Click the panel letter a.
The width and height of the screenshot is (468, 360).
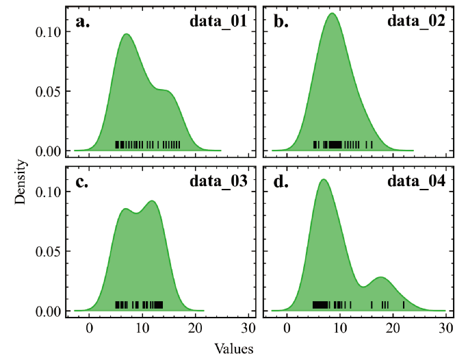(x=82, y=23)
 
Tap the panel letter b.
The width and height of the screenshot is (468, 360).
(x=281, y=22)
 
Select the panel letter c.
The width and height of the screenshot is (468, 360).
(x=82, y=182)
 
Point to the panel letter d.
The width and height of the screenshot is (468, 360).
(x=281, y=181)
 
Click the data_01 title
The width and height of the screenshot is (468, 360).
(x=218, y=21)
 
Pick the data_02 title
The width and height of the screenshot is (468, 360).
(x=417, y=21)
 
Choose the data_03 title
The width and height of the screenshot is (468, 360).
(x=218, y=181)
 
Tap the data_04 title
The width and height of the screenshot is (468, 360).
(x=417, y=181)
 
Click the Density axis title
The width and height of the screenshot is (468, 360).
(x=21, y=182)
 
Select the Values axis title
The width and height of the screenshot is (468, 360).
(x=234, y=348)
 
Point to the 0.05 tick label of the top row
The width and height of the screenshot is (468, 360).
(x=49, y=91)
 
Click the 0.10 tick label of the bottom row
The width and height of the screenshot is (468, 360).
(x=49, y=192)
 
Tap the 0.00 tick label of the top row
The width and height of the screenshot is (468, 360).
(x=49, y=151)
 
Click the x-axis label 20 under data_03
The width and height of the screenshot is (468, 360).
(x=196, y=329)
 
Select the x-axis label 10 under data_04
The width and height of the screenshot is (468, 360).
(x=340, y=329)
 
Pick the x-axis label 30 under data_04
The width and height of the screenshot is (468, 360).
(x=447, y=329)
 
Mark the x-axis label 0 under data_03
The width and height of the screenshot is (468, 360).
(x=90, y=329)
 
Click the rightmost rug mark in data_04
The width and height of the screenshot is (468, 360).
(x=404, y=305)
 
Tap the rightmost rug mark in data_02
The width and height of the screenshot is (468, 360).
(x=372, y=145)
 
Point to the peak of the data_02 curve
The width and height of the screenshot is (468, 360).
(x=332, y=13)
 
